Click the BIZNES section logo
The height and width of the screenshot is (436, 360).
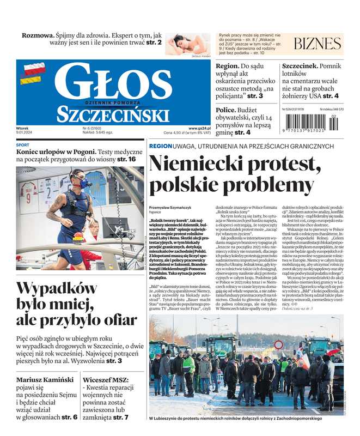[x=318, y=45]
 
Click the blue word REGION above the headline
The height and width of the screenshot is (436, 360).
[x=160, y=147]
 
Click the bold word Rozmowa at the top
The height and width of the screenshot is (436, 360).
[x=37, y=35]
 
